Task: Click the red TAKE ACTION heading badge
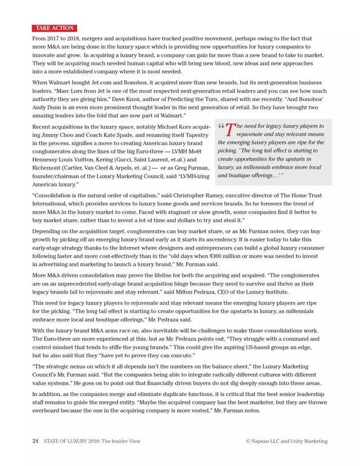click(54, 28)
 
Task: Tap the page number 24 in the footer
click(35, 441)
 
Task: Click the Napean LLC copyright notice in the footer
click(286, 441)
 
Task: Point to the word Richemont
click(48, 168)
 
